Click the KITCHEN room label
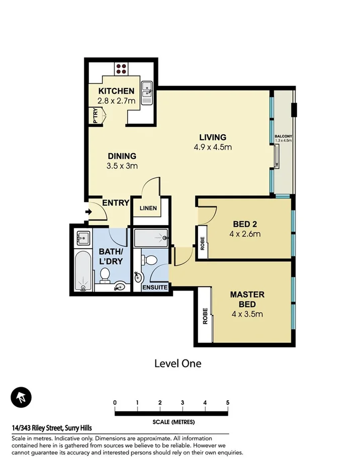(x=116, y=91)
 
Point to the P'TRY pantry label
(x=95, y=117)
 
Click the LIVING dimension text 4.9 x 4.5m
(x=213, y=147)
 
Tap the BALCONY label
(x=283, y=137)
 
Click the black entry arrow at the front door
(x=89, y=212)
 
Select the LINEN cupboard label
(x=148, y=208)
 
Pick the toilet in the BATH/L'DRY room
(x=105, y=275)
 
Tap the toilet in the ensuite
(x=149, y=260)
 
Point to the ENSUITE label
(x=155, y=288)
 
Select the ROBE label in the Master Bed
(x=205, y=316)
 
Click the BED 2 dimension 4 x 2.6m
(x=245, y=234)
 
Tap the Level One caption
(x=177, y=363)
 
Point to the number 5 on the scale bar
(x=228, y=403)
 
